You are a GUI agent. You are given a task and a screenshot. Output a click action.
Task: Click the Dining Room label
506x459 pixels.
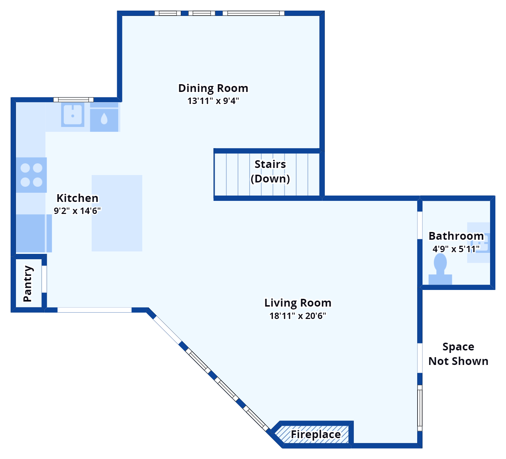pyautogui.click(x=213, y=88)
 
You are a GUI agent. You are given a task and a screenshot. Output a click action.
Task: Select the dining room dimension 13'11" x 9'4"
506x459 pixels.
pyautogui.click(x=213, y=101)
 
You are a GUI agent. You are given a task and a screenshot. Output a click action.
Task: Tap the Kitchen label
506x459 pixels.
pyautogui.click(x=77, y=198)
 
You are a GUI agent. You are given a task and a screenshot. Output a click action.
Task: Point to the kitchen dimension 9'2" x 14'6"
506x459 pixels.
pyautogui.click(x=77, y=211)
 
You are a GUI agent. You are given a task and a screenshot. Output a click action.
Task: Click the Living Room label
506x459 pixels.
pyautogui.click(x=298, y=303)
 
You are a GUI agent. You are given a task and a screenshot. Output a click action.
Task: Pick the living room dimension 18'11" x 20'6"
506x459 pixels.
pyautogui.click(x=298, y=316)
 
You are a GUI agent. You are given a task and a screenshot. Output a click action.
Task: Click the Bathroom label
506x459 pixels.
pyautogui.click(x=456, y=236)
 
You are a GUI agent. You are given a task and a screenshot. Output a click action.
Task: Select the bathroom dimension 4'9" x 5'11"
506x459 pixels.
pyautogui.click(x=456, y=249)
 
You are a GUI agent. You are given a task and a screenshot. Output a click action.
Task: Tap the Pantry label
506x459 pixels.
pyautogui.click(x=28, y=284)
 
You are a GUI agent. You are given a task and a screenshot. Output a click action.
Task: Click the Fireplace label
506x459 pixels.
pyautogui.click(x=316, y=435)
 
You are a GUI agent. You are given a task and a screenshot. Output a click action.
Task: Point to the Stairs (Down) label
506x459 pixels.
pyautogui.click(x=270, y=172)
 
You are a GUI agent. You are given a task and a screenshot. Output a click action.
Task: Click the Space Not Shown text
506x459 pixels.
pyautogui.click(x=458, y=354)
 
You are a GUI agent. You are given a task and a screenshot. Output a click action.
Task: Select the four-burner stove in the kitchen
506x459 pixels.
pyautogui.click(x=31, y=175)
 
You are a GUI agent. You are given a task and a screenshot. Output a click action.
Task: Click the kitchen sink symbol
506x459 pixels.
pyautogui.click(x=73, y=115)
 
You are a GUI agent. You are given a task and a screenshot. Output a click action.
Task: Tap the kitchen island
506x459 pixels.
pyautogui.click(x=117, y=213)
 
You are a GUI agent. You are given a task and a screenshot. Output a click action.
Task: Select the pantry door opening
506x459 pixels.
pyautogui.click(x=44, y=279)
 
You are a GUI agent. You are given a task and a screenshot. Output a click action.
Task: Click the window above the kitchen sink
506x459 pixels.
pyautogui.click(x=74, y=100)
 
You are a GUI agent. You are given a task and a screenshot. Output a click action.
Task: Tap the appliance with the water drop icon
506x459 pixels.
pyautogui.click(x=104, y=119)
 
